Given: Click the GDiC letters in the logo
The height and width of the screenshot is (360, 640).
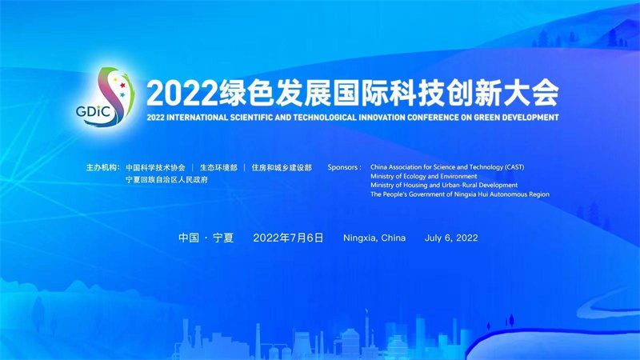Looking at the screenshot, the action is pos(94,111).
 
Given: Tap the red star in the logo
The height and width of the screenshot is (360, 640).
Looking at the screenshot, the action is pos(122,86).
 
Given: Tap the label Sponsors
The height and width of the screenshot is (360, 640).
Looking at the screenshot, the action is pos(344,167).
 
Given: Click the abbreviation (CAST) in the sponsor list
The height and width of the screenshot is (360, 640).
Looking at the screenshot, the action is pos(514,167).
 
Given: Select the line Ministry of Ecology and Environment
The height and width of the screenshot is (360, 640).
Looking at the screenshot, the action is pos(424,176).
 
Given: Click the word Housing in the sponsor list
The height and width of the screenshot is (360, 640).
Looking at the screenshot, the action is pos(415,186).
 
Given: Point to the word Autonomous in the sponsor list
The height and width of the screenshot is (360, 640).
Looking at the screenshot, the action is pos(508,194).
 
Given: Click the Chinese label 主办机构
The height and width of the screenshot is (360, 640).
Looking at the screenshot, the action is pos(103,167).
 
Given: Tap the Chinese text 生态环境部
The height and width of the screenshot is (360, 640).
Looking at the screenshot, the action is pos(218,168).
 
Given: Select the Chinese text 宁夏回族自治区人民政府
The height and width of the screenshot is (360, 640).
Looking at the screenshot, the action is pos(166,179).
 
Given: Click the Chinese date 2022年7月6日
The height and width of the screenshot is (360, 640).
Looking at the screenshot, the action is pos(288,238).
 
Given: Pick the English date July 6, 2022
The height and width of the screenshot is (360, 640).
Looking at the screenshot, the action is pos(451,238).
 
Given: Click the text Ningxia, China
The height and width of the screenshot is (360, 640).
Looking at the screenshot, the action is pos(374,238).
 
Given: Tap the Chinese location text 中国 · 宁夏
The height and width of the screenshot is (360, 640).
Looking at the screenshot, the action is pos(206,238).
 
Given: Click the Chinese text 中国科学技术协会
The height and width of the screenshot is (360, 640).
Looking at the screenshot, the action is pos(155,168).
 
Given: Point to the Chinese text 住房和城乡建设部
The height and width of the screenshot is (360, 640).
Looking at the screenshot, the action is pos(282,168).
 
